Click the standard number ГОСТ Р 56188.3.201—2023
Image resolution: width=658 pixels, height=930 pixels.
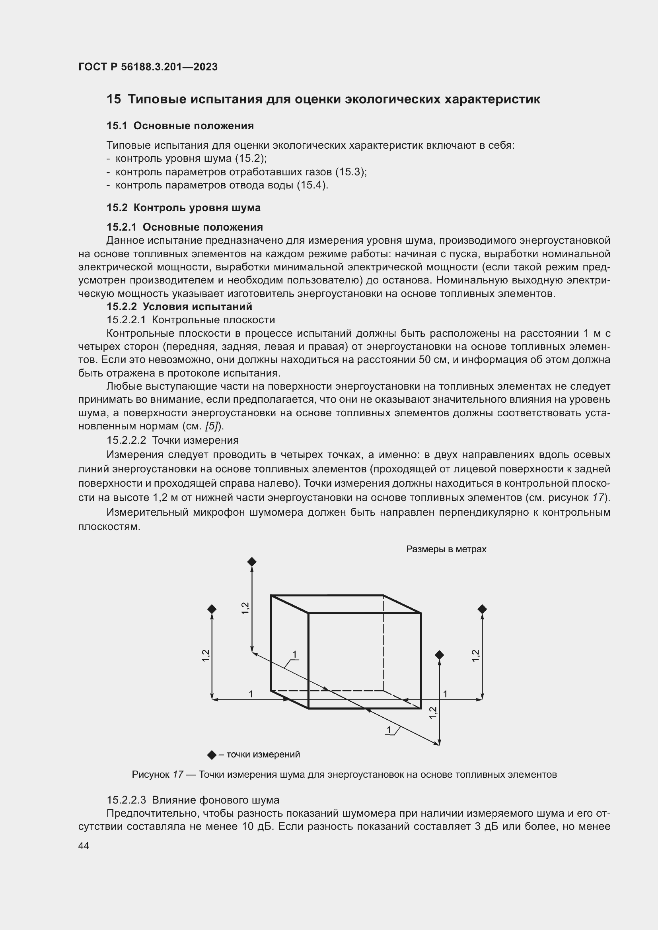[148, 67]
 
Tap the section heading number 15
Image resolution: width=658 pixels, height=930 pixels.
[113, 99]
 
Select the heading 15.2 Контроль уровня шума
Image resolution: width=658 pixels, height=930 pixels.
[183, 208]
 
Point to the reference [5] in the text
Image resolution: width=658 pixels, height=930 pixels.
[212, 426]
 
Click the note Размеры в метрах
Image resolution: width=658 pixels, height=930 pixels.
[446, 549]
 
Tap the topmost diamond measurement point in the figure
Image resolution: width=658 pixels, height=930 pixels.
[251, 562]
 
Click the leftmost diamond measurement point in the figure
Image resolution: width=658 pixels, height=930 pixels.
[212, 609]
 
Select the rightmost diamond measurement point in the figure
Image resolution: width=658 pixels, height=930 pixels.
[482, 609]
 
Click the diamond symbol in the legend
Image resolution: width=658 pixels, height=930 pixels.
[212, 755]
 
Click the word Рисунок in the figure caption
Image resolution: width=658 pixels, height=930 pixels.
[150, 775]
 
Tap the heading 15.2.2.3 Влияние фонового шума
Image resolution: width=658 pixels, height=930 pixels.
[193, 800]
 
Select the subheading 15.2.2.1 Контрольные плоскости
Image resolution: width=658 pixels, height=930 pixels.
[191, 320]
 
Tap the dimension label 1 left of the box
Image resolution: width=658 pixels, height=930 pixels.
[251, 694]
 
